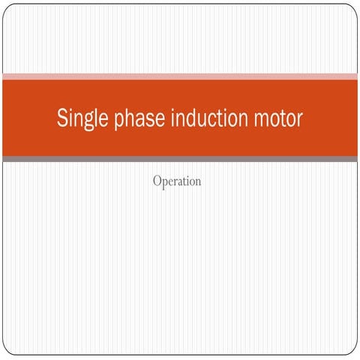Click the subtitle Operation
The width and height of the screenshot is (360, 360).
point(176,181)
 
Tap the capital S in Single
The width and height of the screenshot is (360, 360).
point(63,118)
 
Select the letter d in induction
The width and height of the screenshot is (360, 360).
point(198,118)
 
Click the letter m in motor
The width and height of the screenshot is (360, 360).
point(261,119)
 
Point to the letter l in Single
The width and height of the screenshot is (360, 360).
point(94,118)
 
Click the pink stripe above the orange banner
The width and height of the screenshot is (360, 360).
point(180,76)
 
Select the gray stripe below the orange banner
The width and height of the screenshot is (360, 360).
point(180,159)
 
